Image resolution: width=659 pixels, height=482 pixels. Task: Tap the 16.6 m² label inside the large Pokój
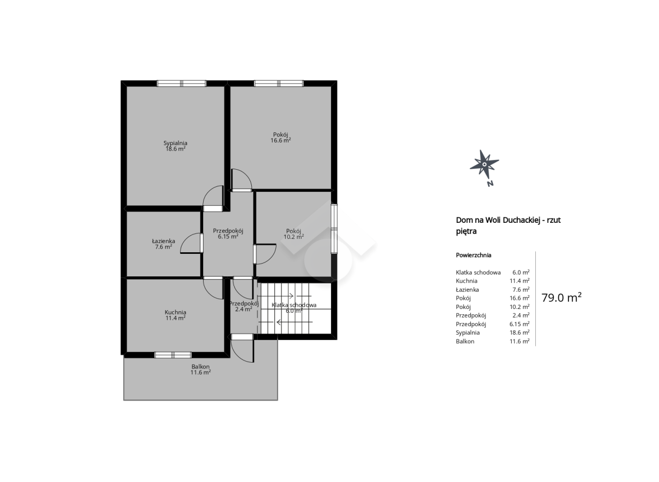281,140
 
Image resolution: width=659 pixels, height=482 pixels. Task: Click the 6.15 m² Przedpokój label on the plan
228,234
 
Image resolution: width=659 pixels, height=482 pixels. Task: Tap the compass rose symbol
484,164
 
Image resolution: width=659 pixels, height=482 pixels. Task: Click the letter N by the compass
490,184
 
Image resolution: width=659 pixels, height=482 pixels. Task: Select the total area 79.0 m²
561,298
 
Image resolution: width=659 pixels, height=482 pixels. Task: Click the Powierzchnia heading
474,255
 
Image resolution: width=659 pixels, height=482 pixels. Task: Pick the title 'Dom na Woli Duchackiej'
498,220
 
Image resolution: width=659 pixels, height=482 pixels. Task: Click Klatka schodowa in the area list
478,272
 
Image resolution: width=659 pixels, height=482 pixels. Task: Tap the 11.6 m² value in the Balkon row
520,341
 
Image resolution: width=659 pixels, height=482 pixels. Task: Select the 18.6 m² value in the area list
520,333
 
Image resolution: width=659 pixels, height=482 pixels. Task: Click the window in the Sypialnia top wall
182,84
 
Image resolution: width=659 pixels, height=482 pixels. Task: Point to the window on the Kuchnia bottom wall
173,355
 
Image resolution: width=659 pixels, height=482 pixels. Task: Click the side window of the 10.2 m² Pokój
334,229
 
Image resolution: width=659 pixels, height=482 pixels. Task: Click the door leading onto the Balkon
242,348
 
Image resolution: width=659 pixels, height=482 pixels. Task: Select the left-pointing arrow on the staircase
294,322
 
